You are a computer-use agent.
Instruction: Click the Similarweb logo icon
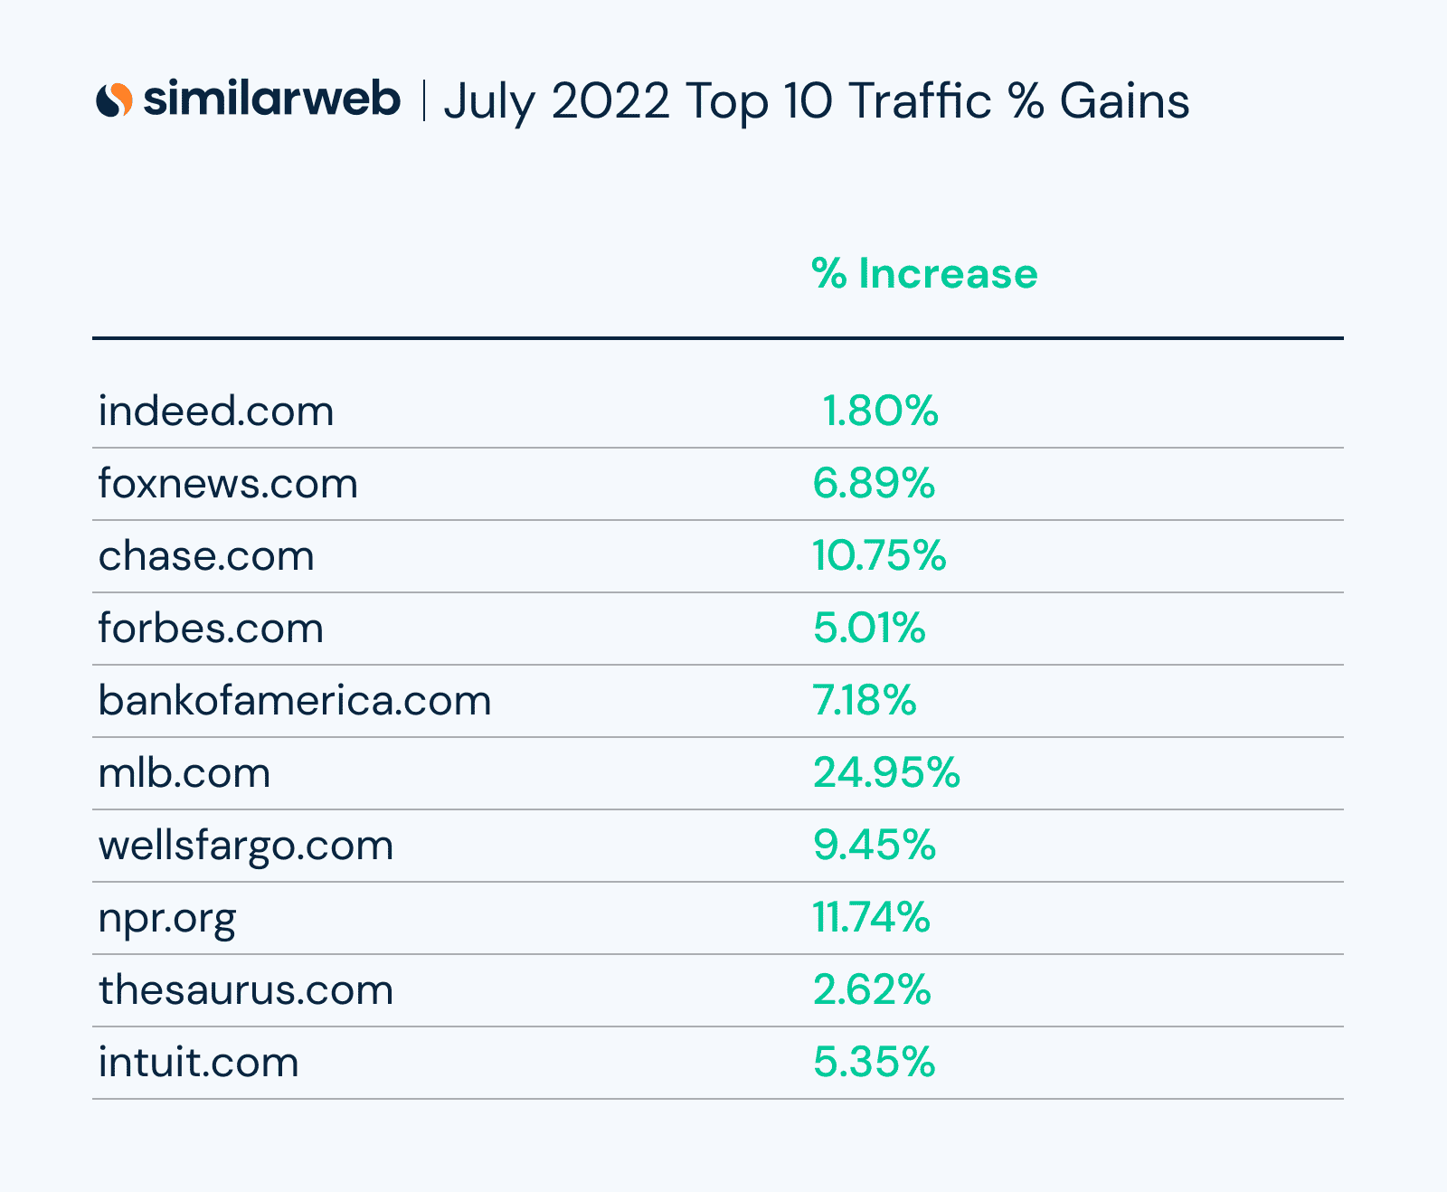(x=114, y=99)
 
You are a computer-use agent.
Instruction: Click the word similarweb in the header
(x=271, y=99)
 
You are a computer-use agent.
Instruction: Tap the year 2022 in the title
(x=610, y=100)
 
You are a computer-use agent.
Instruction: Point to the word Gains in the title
(x=1124, y=100)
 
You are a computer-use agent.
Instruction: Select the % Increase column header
(x=924, y=273)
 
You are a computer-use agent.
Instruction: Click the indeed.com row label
(x=216, y=412)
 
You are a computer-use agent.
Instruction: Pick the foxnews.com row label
(x=228, y=484)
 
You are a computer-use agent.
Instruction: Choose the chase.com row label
(x=206, y=556)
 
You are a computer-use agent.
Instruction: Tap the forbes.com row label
(x=211, y=629)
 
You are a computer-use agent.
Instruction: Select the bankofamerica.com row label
(x=295, y=701)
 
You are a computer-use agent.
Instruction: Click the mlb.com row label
(x=184, y=773)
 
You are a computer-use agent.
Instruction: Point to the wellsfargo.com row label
(x=246, y=847)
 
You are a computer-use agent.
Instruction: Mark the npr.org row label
(x=167, y=919)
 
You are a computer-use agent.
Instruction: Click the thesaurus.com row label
(x=246, y=990)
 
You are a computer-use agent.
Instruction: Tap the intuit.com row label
(x=199, y=1063)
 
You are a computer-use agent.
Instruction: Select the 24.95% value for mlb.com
(x=886, y=772)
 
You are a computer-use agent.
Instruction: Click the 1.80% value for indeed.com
(x=880, y=412)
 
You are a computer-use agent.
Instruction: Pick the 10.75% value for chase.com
(x=879, y=555)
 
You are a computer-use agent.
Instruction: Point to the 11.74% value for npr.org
(x=871, y=917)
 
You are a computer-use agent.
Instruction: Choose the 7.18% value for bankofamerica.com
(x=865, y=700)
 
